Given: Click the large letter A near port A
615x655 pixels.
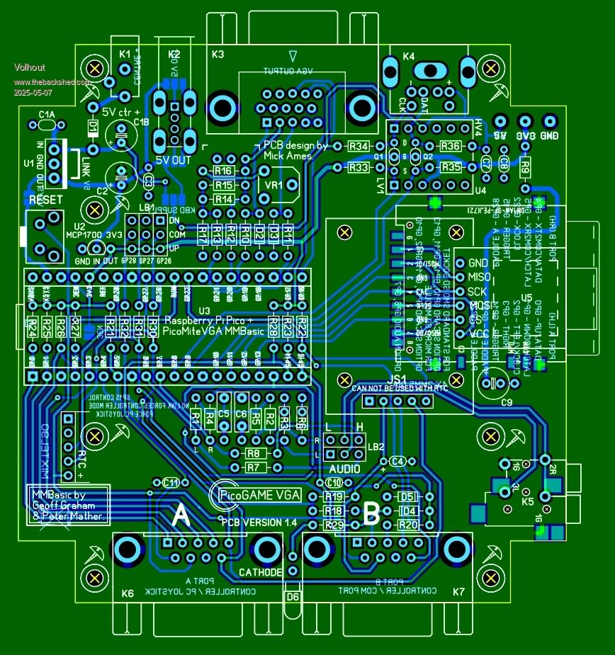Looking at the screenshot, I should tap(181, 516).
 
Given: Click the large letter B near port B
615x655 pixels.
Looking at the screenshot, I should tap(371, 515).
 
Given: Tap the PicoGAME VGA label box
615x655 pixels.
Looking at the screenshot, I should tap(260, 495).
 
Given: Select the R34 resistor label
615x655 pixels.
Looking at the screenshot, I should tap(359, 146).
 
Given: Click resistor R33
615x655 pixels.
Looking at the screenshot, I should tap(359, 168).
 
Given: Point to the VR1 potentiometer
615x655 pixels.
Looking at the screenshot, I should tap(274, 185).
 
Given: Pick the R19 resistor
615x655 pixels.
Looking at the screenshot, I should tap(334, 496).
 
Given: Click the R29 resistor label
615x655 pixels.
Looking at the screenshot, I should tap(334, 525).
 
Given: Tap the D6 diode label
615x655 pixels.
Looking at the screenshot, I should tap(292, 596).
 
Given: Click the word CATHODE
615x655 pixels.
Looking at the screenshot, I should tap(261, 572).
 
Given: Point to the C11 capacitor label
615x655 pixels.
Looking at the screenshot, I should tap(171, 482).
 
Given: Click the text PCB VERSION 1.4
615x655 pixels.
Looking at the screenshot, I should tap(259, 522).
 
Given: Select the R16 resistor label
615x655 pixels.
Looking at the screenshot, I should tap(224, 172).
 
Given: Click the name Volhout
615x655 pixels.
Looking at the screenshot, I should tap(30, 67).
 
